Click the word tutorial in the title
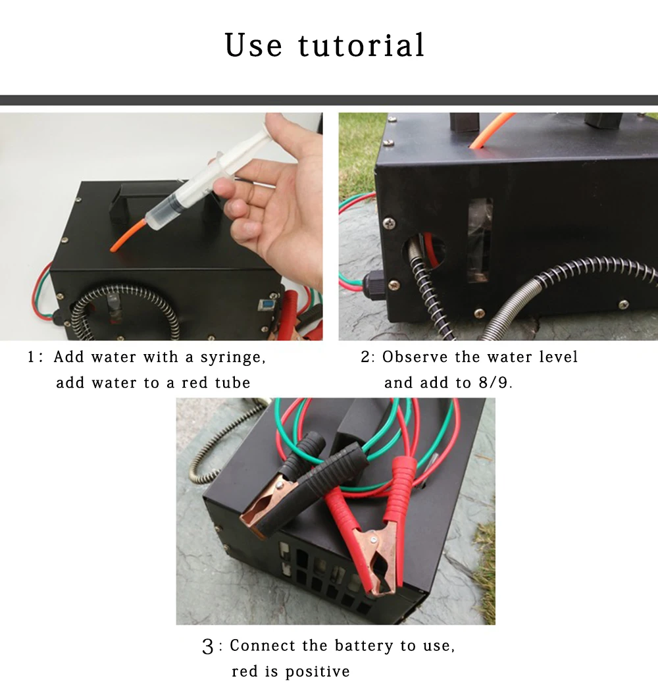pos(361,45)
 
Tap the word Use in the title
pos(253,45)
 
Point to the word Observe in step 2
pos(415,357)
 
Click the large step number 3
pos(208,647)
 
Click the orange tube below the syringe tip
pos(128,234)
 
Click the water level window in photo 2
pos(480,240)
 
